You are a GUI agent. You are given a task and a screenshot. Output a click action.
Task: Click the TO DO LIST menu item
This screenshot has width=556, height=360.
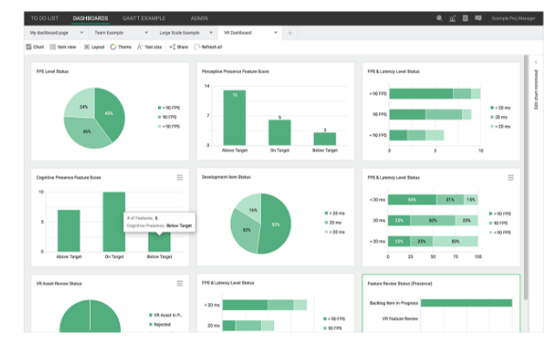pyautogui.click(x=45, y=18)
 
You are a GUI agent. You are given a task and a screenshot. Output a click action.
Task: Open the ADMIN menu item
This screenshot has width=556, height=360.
pyautogui.click(x=200, y=18)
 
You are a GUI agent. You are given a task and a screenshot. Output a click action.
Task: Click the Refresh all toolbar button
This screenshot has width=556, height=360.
pyautogui.click(x=210, y=45)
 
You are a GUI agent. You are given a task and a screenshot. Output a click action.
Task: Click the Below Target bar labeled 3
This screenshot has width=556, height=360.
pyautogui.click(x=324, y=139)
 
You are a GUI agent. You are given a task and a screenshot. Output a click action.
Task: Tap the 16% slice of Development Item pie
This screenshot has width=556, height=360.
pyautogui.click(x=253, y=210)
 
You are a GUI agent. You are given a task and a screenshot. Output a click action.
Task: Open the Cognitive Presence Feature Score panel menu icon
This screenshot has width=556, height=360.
pyautogui.click(x=180, y=177)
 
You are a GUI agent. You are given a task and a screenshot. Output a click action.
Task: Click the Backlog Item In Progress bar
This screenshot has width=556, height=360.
pyautogui.click(x=466, y=303)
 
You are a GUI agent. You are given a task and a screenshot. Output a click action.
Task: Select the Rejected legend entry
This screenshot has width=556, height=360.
pyautogui.click(x=164, y=325)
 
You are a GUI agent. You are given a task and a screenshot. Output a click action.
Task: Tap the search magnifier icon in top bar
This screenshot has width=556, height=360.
pyautogui.click(x=439, y=18)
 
